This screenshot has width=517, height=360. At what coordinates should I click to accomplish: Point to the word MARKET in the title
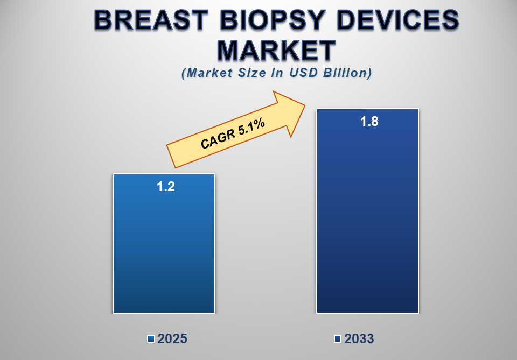tap(276, 51)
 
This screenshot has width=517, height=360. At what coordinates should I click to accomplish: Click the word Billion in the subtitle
tap(349, 73)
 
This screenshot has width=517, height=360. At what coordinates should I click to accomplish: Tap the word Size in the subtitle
tap(251, 73)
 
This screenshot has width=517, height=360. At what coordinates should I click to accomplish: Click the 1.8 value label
tap(369, 122)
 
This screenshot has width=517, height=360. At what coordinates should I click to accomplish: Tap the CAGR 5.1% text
tap(233, 133)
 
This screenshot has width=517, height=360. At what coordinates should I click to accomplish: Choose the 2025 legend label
tap(172, 339)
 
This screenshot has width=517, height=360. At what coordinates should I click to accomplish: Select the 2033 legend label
tap(359, 339)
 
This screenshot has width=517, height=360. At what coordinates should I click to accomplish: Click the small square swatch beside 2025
tap(151, 339)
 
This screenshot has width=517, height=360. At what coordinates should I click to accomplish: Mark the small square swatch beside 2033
tap(338, 339)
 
